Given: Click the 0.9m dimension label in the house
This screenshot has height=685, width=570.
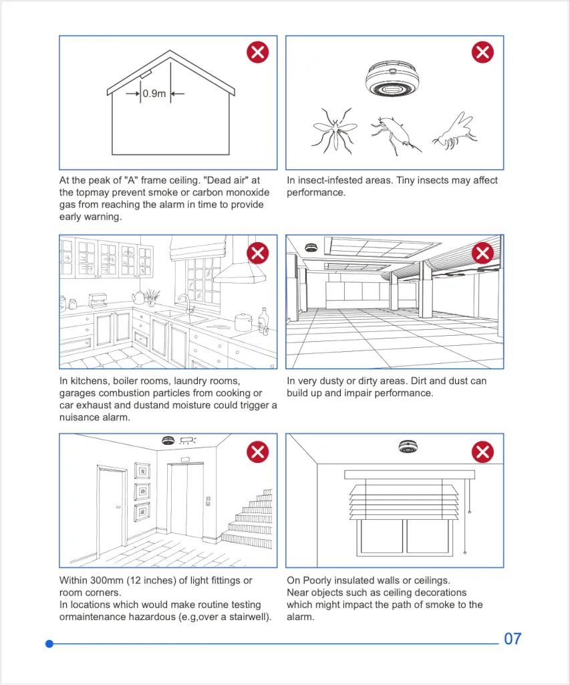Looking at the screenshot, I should (x=154, y=94).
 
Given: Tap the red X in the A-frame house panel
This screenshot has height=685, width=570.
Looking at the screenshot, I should (x=257, y=52).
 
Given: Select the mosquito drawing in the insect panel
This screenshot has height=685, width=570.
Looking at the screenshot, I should (x=333, y=129).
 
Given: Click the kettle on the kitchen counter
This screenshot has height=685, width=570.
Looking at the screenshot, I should (x=139, y=297).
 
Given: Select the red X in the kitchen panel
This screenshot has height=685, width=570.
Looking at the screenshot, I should (x=257, y=252).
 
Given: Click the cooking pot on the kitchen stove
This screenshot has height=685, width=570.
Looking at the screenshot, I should (x=244, y=322).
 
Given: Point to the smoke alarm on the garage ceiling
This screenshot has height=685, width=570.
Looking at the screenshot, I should (x=311, y=248).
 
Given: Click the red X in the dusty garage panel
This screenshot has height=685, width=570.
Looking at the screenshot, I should (x=482, y=252).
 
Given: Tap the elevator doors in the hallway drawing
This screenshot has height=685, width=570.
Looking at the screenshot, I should (x=186, y=499).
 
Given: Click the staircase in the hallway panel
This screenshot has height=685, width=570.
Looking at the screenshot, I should (x=251, y=518).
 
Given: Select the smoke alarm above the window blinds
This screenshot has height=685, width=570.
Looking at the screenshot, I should (x=408, y=448).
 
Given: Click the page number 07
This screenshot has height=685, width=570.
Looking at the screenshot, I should (x=512, y=639).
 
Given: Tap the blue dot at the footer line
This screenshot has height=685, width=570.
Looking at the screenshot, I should (x=49, y=644).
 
